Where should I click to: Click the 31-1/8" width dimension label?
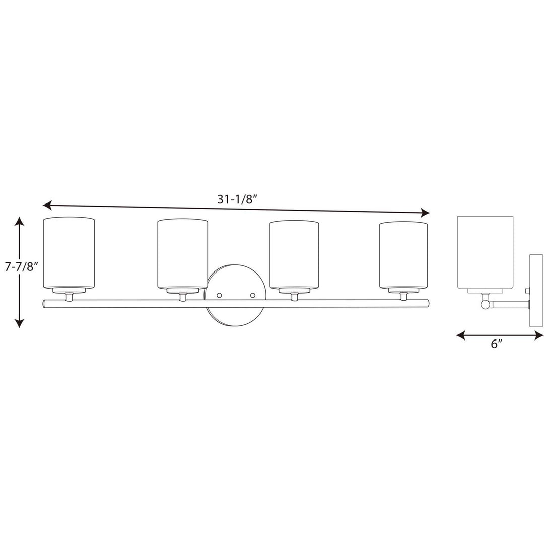(237, 199)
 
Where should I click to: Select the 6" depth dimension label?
(497, 344)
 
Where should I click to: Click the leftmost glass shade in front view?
(69, 253)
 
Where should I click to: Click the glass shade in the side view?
(485, 252)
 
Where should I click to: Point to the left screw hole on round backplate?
(220, 293)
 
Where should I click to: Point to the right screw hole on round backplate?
(253, 293)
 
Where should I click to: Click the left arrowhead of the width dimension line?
(46, 205)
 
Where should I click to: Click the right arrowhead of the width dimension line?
(426, 212)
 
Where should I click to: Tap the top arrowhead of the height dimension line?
(19, 220)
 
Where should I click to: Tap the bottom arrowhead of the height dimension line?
(19, 324)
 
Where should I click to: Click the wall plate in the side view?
(534, 292)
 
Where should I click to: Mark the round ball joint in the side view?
(484, 304)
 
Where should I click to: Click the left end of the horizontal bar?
(46, 303)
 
